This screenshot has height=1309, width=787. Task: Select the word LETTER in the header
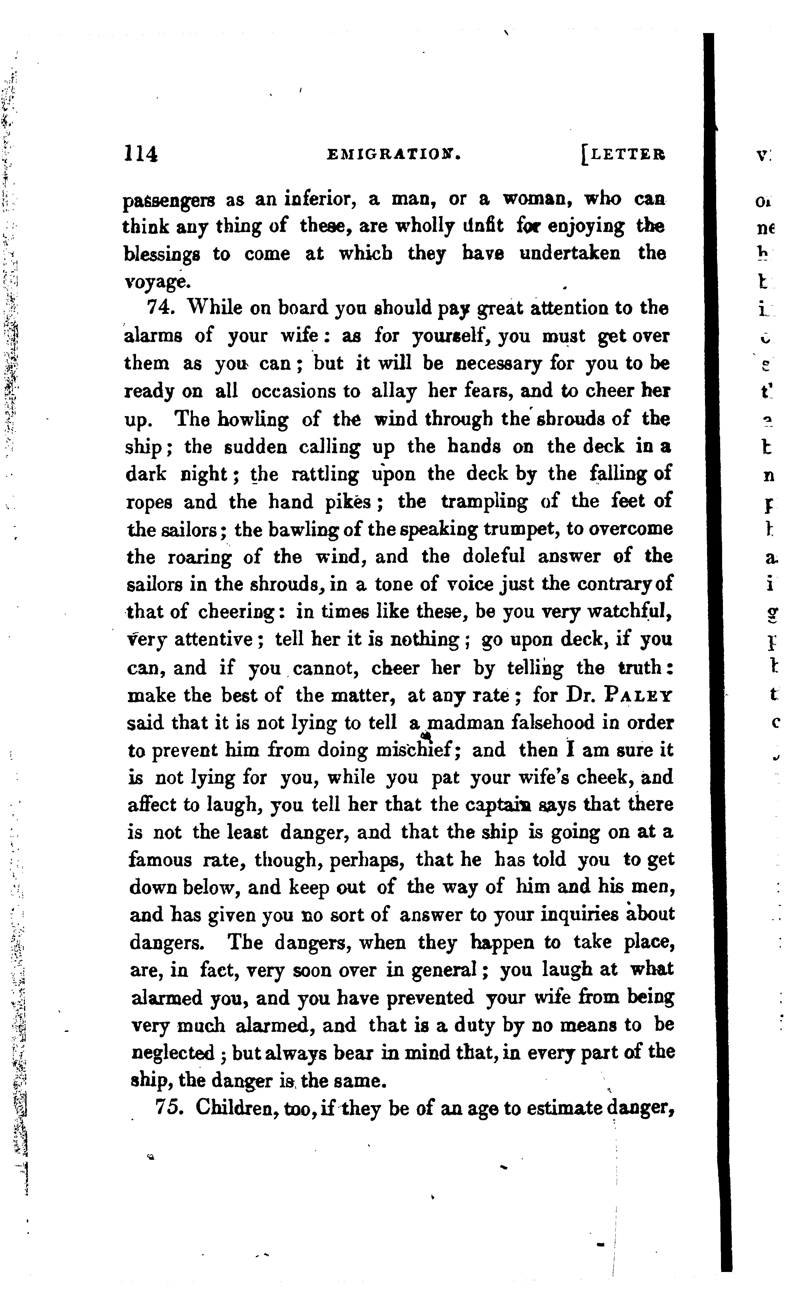coord(626,154)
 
